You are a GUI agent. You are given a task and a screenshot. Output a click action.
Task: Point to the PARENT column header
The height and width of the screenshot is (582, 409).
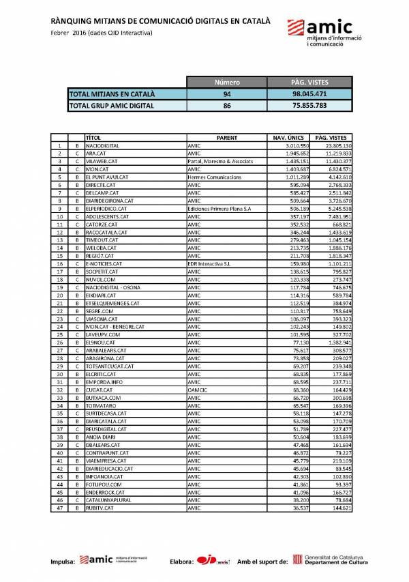[226, 137]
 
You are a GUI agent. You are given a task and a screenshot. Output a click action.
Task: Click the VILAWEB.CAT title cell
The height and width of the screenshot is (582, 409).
[102, 161]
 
